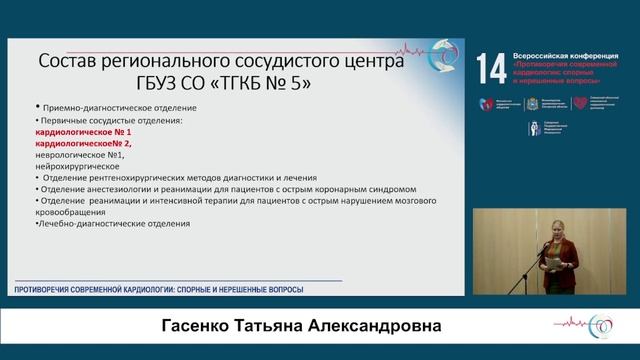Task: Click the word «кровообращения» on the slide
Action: click(x=72, y=210)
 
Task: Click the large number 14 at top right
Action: click(x=491, y=70)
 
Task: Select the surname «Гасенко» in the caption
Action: click(x=200, y=328)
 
